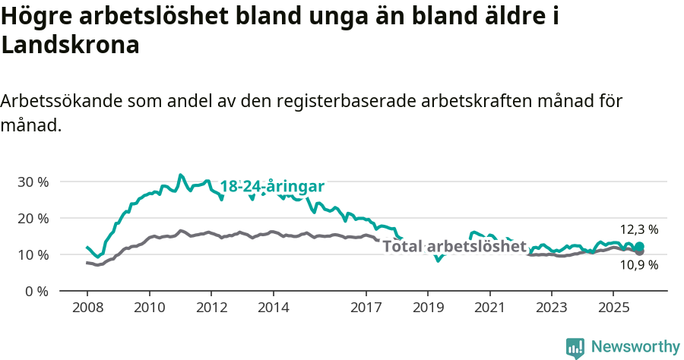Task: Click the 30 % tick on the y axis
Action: [33, 182]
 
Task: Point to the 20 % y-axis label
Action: [33, 218]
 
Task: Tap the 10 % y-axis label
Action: [33, 254]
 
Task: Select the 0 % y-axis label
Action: [36, 291]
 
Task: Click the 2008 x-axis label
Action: [87, 308]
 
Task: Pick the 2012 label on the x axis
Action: [211, 308]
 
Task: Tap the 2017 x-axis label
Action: [366, 308]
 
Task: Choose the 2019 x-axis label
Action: [428, 308]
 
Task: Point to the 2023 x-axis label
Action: [552, 308]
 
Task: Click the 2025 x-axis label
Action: [614, 308]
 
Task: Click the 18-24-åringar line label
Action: [272, 187]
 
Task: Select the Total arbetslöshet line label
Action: [454, 246]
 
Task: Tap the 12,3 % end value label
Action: [639, 229]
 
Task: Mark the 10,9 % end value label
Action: [639, 265]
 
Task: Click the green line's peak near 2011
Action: [180, 175]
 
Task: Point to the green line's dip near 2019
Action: [438, 261]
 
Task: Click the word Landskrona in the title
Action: [71, 45]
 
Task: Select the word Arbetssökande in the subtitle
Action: [61, 102]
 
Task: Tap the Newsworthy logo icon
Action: [575, 347]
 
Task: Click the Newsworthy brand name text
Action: [635, 347]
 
